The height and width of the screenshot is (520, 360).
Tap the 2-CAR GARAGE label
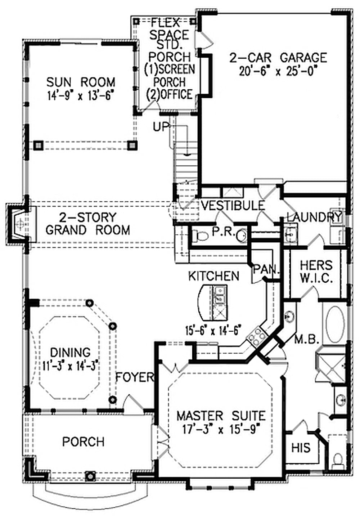point(278,58)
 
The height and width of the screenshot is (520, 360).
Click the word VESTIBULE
point(233,206)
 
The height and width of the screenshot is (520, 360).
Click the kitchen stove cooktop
point(256,337)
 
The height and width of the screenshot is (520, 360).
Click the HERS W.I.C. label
point(316,272)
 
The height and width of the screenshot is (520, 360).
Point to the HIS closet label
point(301,448)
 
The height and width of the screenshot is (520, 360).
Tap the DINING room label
point(70,352)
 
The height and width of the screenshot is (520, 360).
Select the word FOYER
point(135,377)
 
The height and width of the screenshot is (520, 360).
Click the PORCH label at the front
point(83,441)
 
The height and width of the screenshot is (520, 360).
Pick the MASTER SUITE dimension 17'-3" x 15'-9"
point(221,430)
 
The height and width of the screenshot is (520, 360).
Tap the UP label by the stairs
point(161,127)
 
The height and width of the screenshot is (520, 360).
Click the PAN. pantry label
point(266,269)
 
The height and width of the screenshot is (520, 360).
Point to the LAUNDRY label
point(314,217)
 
